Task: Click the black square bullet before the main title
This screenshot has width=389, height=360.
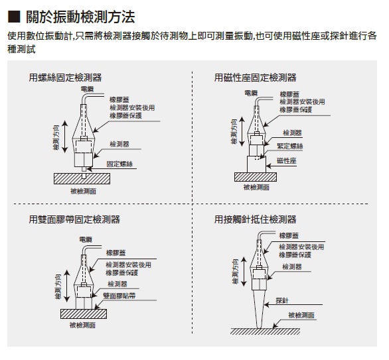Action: point(14,17)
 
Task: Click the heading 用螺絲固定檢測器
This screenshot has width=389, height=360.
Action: point(65,78)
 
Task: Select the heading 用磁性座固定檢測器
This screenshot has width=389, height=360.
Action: point(256,78)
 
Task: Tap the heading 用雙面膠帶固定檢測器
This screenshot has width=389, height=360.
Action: point(74,219)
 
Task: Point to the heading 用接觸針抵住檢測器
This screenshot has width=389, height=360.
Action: point(256,219)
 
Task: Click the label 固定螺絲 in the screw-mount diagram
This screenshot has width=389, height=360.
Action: point(119,164)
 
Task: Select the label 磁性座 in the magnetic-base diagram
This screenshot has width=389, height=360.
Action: point(287,160)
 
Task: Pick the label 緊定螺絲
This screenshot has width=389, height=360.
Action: point(290,146)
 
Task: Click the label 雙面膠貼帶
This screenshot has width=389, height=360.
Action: point(119,296)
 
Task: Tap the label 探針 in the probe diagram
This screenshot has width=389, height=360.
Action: point(282,300)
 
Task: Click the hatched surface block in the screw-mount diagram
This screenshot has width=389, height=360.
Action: point(82,178)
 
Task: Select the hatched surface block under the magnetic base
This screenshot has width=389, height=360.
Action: point(256,177)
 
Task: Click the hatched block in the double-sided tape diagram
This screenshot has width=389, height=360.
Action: point(84,314)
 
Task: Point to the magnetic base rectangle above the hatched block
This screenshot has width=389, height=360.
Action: point(256,164)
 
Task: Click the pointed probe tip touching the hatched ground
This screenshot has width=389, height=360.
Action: point(260,328)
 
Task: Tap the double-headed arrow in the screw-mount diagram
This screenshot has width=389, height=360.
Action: point(64,137)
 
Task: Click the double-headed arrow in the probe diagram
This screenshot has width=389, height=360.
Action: point(244,272)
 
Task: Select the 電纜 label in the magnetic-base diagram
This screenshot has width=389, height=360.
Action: point(251,93)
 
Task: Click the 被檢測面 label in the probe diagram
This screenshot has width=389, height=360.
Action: point(301,315)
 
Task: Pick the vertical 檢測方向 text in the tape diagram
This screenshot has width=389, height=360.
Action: point(58,286)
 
